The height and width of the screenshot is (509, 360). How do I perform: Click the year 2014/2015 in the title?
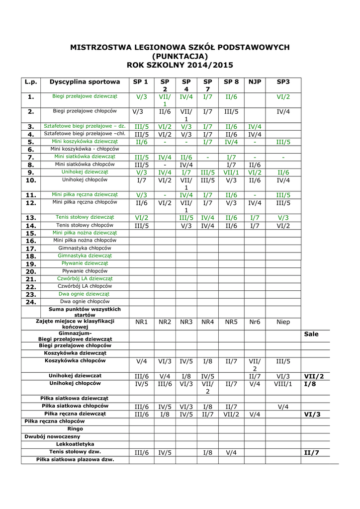click(x=209, y=65)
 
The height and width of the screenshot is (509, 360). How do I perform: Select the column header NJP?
click(x=255, y=82)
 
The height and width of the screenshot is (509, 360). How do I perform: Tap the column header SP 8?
click(x=231, y=82)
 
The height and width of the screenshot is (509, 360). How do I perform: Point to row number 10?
click(x=31, y=180)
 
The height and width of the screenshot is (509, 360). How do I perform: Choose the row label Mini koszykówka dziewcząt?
click(x=85, y=142)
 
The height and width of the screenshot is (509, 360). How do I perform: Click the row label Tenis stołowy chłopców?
click(x=85, y=225)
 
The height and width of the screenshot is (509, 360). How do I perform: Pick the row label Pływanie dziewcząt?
click(x=85, y=263)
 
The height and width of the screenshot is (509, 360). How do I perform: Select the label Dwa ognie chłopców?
click(x=85, y=302)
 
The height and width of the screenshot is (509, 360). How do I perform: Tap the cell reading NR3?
click(x=186, y=322)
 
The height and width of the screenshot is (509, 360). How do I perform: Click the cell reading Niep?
click(x=283, y=322)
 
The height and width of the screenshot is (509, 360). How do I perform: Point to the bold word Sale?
click(x=311, y=334)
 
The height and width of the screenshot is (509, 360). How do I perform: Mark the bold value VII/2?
click(x=314, y=376)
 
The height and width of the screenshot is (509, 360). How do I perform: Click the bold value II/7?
click(x=311, y=452)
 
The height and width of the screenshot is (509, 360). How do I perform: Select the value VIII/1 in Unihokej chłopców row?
click(x=283, y=384)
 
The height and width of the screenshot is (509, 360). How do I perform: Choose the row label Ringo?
click(x=75, y=429)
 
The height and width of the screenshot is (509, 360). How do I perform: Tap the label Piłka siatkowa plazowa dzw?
click(x=75, y=460)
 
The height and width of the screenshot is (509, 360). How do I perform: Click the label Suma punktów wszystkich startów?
click(x=85, y=312)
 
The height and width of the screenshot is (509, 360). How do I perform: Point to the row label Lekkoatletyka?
click(x=75, y=444)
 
